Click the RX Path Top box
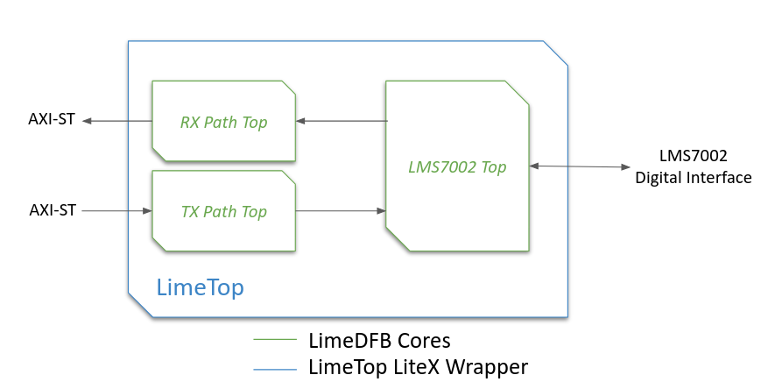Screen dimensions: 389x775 pos(223,122)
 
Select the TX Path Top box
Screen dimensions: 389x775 pos(223,211)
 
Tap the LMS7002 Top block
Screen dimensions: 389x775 pos(457,166)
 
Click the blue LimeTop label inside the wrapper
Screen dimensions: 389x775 pos(200,286)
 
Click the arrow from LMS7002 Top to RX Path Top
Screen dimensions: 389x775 pos(342,121)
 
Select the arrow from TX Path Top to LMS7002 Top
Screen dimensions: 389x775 pos(342,210)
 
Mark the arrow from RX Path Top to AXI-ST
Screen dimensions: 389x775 pos(118,121)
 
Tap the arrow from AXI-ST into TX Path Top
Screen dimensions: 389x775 pos(118,210)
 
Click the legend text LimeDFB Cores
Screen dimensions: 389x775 pos(379,340)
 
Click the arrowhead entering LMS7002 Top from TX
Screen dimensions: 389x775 pos(381,210)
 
